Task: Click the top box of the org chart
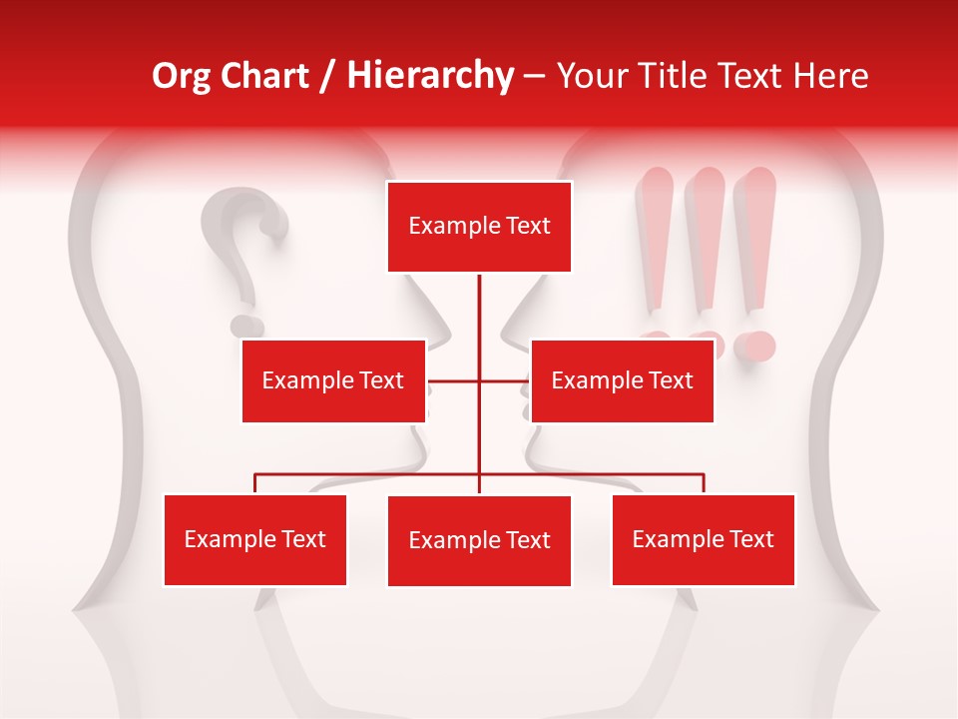pos(479,227)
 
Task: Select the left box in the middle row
pos(333,380)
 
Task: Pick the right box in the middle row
pos(622,380)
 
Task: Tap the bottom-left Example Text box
pos(255,539)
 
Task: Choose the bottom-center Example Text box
pos(479,540)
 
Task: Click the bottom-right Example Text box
pos(703,539)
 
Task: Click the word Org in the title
pos(182,76)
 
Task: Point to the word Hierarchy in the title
pos(429,76)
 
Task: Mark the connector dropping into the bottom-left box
pos(255,483)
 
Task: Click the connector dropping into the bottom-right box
pos(704,483)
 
